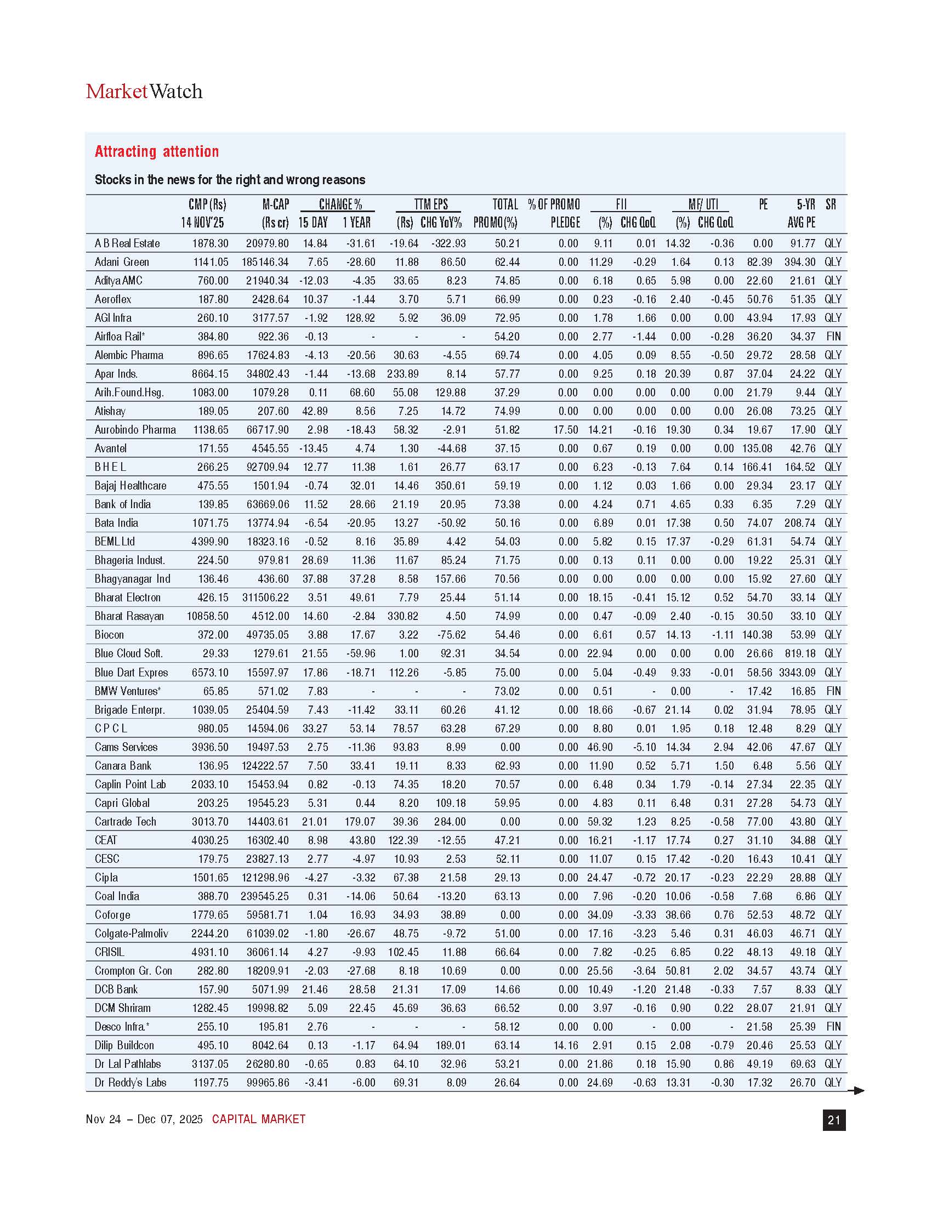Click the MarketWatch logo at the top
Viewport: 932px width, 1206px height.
pyautogui.click(x=144, y=91)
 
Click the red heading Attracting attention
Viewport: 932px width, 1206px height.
pyautogui.click(x=157, y=151)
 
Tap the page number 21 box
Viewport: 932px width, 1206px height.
pyautogui.click(x=834, y=1120)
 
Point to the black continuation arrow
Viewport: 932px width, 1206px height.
pyautogui.click(x=856, y=1090)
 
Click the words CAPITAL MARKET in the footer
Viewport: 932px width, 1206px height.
pyautogui.click(x=258, y=1119)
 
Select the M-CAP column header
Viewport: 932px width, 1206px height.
pyautogui.click(x=276, y=204)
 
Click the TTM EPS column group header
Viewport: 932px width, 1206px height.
pyautogui.click(x=431, y=204)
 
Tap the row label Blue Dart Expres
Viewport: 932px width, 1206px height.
pyautogui.click(x=132, y=673)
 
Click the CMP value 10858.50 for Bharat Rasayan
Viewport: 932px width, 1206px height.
pyautogui.click(x=208, y=616)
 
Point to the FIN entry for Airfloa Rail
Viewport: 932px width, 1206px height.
pyautogui.click(x=833, y=336)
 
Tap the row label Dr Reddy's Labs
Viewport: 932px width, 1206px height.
pyautogui.click(x=130, y=1083)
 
